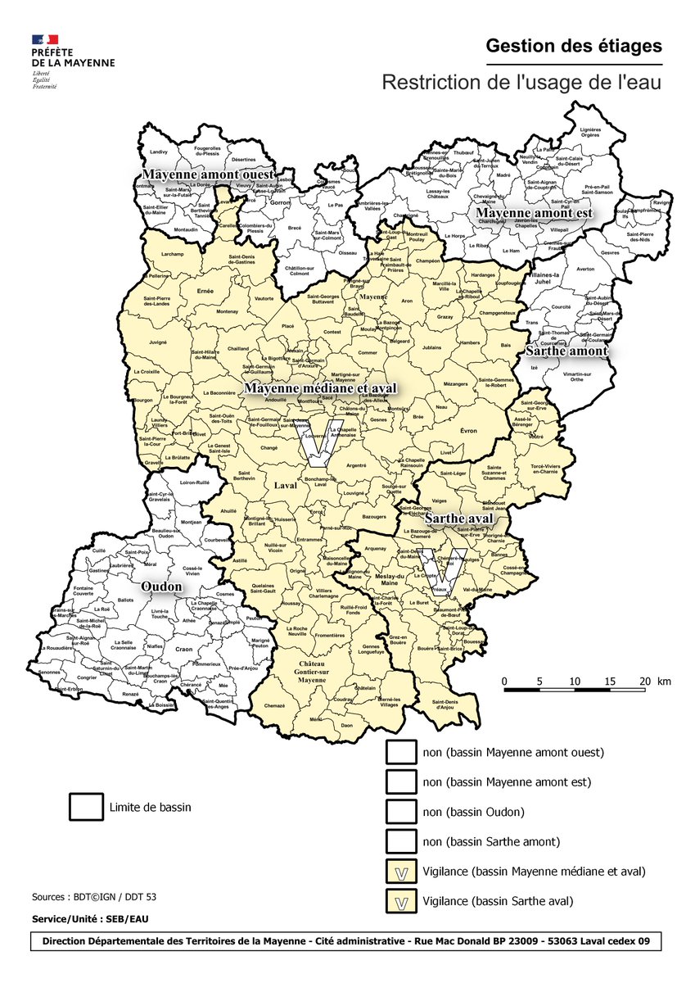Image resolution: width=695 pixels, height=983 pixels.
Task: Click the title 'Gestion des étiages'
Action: click(573, 46)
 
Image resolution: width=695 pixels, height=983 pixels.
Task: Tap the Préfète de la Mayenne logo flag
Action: click(45, 39)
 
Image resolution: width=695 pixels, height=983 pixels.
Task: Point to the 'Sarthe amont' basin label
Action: click(566, 351)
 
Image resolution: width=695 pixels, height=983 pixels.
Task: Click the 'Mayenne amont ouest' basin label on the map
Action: click(207, 174)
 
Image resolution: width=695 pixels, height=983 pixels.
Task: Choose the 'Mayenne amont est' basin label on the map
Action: click(534, 212)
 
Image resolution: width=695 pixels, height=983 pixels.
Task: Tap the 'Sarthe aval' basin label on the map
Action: click(458, 519)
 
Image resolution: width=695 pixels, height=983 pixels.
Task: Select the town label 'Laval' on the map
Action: click(285, 485)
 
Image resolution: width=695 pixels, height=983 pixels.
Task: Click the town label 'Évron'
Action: click(469, 431)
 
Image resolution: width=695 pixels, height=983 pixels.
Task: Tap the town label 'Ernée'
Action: click(205, 291)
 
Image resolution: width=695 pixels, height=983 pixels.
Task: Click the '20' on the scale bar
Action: click(644, 682)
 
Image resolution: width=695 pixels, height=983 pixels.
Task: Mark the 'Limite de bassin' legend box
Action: click(86, 807)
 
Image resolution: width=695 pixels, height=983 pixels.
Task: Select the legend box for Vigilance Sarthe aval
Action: click(401, 901)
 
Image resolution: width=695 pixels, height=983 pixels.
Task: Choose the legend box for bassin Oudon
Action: click(401, 812)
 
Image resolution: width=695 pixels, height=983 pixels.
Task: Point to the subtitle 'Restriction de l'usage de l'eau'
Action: click(521, 83)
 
